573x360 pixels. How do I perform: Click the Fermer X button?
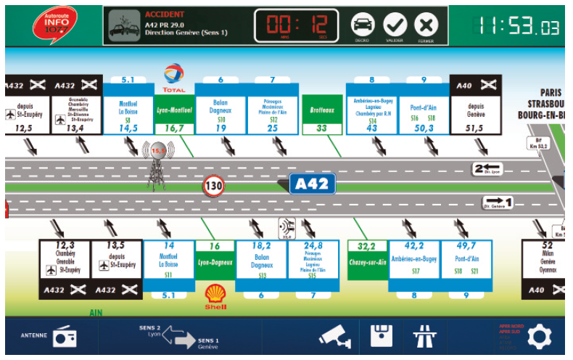[426, 25]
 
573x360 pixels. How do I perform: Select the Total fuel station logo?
[174, 77]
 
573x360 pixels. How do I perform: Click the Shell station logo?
[215, 295]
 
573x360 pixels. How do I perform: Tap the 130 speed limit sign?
[213, 186]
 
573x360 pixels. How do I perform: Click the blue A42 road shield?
[313, 184]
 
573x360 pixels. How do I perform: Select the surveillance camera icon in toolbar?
[336, 336]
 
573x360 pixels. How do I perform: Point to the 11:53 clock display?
[518, 27]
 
